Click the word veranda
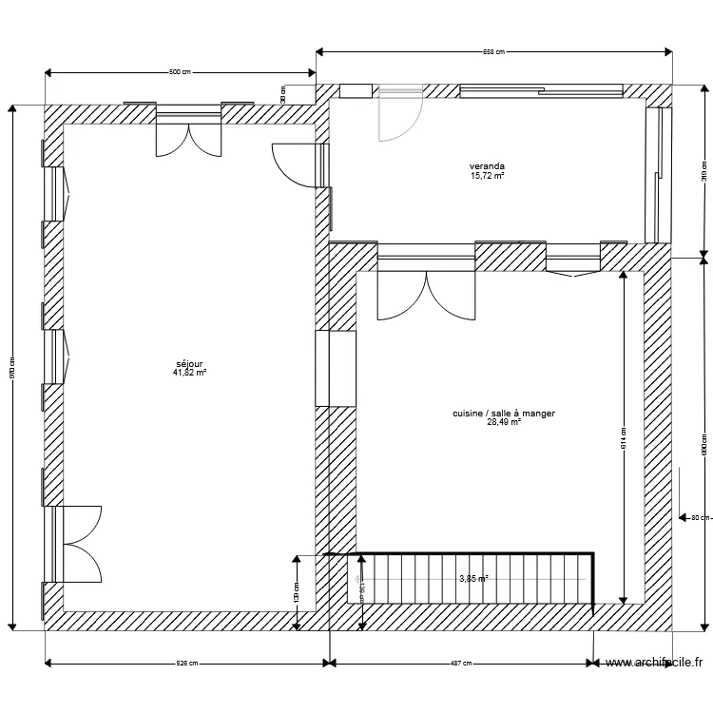tap(487, 166)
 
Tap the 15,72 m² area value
tap(487, 176)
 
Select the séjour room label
tap(190, 363)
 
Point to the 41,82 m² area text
tap(190, 373)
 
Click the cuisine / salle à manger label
tap(504, 414)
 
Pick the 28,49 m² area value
tap(504, 423)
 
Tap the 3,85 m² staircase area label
tap(473, 578)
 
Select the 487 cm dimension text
tap(462, 664)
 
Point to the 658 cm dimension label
tap(493, 52)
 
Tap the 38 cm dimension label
tap(283, 93)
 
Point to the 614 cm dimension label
tap(623, 437)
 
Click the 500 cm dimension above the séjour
tap(181, 72)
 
